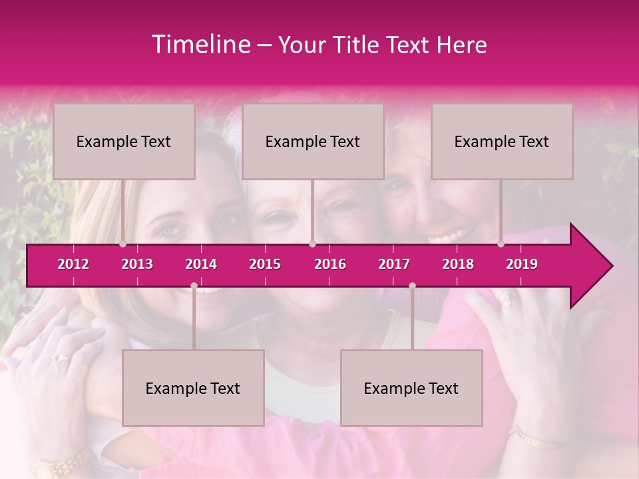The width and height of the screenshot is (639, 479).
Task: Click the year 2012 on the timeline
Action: click(73, 264)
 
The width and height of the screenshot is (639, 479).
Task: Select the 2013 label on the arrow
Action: click(137, 264)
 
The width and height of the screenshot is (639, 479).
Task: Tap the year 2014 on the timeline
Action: click(201, 264)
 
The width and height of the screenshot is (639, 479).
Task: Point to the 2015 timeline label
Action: click(265, 264)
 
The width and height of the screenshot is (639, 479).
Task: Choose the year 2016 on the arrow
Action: click(330, 264)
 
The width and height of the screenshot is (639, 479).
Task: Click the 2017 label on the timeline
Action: click(394, 264)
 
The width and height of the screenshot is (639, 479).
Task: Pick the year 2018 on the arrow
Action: click(458, 264)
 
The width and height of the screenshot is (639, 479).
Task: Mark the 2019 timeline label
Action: click(522, 264)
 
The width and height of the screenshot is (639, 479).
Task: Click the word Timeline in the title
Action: click(199, 45)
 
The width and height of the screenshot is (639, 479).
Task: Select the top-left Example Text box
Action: click(124, 141)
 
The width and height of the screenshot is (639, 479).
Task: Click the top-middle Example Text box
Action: click(313, 141)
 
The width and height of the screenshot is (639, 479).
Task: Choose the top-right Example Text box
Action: click(502, 141)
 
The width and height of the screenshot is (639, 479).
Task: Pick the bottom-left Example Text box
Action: click(193, 388)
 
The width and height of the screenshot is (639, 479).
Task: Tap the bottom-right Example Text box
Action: click(411, 388)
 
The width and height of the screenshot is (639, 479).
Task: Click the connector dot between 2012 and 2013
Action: click(123, 244)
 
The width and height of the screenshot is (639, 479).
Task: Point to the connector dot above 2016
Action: click(313, 244)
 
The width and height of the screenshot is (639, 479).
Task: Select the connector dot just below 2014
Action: click(194, 286)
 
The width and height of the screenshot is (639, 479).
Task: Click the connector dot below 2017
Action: click(412, 286)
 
